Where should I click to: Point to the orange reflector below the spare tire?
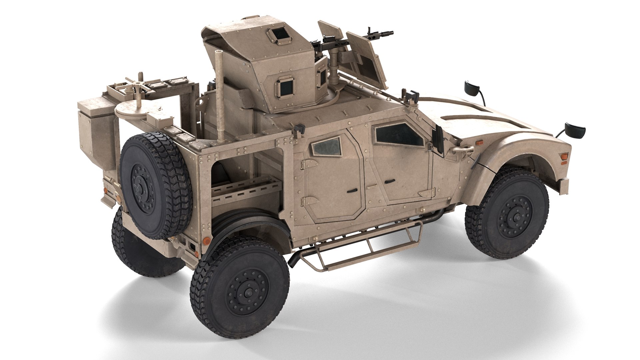[x=207, y=240]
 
